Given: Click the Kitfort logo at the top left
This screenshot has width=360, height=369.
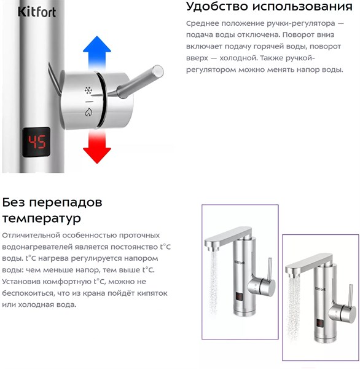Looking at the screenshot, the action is (x=37, y=12).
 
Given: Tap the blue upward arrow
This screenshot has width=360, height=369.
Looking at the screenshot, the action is (x=96, y=52).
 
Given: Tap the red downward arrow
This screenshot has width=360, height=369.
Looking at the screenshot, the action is (x=96, y=146).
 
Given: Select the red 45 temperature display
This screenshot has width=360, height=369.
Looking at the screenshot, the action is (x=37, y=142).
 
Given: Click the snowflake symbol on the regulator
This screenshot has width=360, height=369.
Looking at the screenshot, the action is (x=88, y=90).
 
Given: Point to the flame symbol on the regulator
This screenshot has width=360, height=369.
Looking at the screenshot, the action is (x=88, y=112).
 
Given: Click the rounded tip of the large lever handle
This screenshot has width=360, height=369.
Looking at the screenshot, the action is (x=157, y=71).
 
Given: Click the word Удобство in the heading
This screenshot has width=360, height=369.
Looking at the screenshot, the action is (x=217, y=7).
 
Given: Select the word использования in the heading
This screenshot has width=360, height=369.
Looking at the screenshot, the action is (x=303, y=7).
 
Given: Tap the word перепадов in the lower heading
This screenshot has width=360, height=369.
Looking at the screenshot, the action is (x=66, y=203).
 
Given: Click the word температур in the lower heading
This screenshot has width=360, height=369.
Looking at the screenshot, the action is (x=42, y=218).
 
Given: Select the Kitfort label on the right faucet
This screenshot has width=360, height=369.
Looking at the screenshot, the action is (x=320, y=289).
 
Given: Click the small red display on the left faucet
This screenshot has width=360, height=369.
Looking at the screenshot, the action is (x=240, y=297).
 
